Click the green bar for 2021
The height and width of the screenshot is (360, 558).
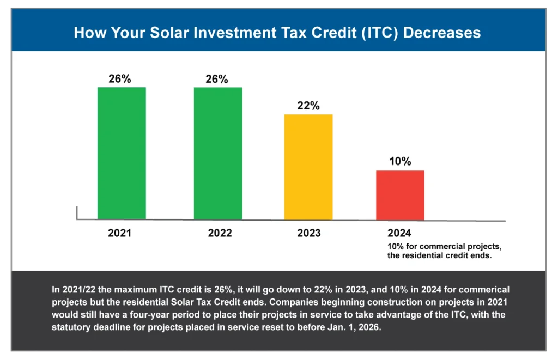pos(122,153)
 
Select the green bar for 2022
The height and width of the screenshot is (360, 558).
pos(218,153)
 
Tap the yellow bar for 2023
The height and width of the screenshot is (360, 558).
pos(308,167)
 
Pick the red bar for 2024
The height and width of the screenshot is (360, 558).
pos(400,195)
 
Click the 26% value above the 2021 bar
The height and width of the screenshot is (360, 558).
pos(120,79)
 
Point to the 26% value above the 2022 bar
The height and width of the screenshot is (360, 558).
pos(217,79)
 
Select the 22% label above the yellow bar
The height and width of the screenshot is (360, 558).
pos(308,106)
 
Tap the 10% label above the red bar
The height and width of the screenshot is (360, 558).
pos(400,162)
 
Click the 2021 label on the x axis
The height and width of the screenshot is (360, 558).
pos(120,233)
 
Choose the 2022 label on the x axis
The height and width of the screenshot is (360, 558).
pos(220,233)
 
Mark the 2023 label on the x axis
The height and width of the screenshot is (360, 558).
pos(309,233)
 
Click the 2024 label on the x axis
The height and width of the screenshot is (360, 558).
pos(399,233)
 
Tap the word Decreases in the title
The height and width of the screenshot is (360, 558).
pos(439,33)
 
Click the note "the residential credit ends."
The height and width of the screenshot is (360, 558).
pos(439,255)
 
